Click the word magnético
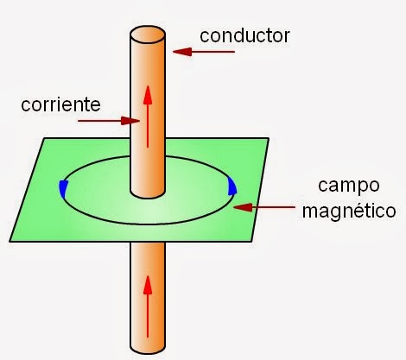tap(349, 209)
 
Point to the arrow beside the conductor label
tap(203, 52)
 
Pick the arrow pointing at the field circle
tap(267, 207)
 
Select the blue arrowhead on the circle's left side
tap(63, 188)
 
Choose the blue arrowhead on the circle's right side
tap(231, 186)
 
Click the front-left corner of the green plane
tap(11, 239)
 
